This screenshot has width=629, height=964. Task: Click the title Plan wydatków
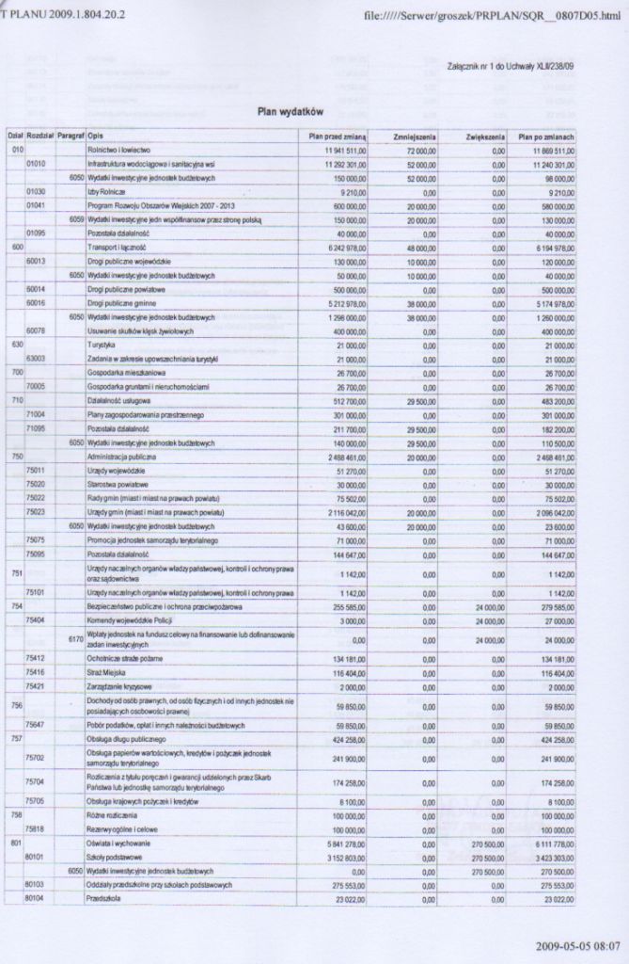pos(291,112)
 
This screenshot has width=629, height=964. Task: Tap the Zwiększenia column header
pos(485,137)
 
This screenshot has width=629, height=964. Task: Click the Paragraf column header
pos(71,137)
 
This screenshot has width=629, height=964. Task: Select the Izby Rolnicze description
pos(105,190)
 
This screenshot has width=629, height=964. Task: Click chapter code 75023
pos(37,511)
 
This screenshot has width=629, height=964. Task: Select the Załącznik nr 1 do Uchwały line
pos(511,66)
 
